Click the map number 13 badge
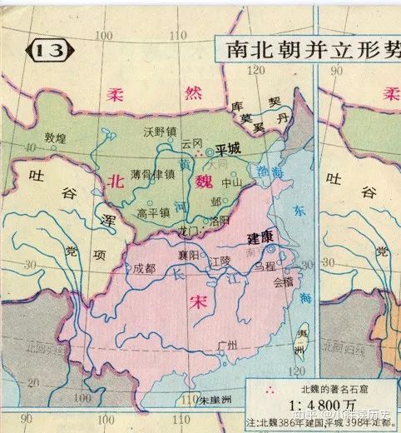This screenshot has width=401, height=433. pos(49,51)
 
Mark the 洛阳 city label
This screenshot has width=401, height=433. pos(220,221)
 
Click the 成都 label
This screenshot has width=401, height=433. pos(144,268)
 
